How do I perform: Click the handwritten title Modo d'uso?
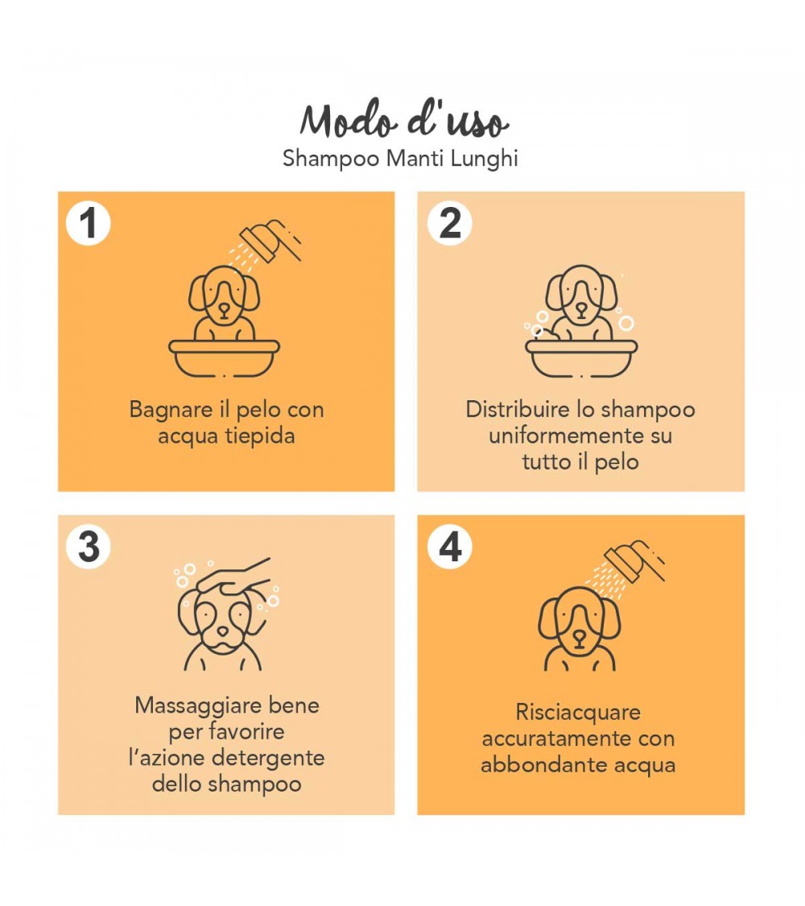(x=404, y=122)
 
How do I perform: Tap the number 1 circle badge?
(x=88, y=223)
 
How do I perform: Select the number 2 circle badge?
(x=450, y=223)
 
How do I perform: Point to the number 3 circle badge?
(x=88, y=547)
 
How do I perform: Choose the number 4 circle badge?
(x=450, y=547)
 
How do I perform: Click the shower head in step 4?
(x=630, y=561)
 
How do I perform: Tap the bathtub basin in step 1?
(x=225, y=358)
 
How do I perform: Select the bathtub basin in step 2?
(x=580, y=358)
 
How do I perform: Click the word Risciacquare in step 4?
(x=578, y=713)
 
